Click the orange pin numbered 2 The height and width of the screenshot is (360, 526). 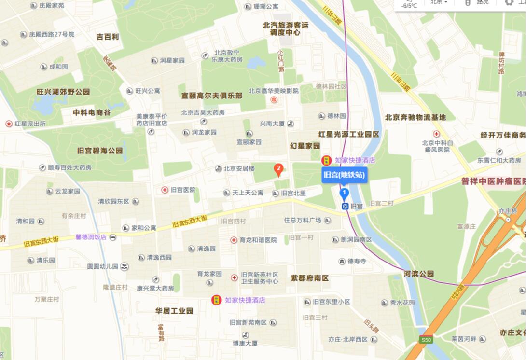click(278, 169)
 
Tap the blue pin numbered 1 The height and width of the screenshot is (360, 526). click(344, 194)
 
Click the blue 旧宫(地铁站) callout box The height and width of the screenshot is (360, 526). click(344, 175)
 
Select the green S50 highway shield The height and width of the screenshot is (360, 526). click(425, 340)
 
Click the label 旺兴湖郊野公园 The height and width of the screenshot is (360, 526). click(63, 91)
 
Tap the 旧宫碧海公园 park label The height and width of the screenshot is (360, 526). click(100, 151)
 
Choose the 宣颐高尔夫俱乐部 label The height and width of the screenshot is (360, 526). click(212, 96)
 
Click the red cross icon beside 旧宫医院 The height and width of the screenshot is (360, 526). click(165, 190)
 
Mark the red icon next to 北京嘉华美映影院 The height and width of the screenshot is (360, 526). click(274, 100)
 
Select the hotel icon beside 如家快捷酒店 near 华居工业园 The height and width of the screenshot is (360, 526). click(217, 300)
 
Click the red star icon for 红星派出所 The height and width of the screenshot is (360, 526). click(9, 124)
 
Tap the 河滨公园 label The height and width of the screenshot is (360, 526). click(419, 274)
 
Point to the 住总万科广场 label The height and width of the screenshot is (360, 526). click(303, 221)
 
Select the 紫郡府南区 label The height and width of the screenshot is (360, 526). click(310, 278)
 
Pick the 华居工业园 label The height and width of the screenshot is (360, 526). click(174, 311)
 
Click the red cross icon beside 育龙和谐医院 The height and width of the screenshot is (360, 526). click(234, 240)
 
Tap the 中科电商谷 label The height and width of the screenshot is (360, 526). click(92, 112)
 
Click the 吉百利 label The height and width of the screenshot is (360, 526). click(107, 37)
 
